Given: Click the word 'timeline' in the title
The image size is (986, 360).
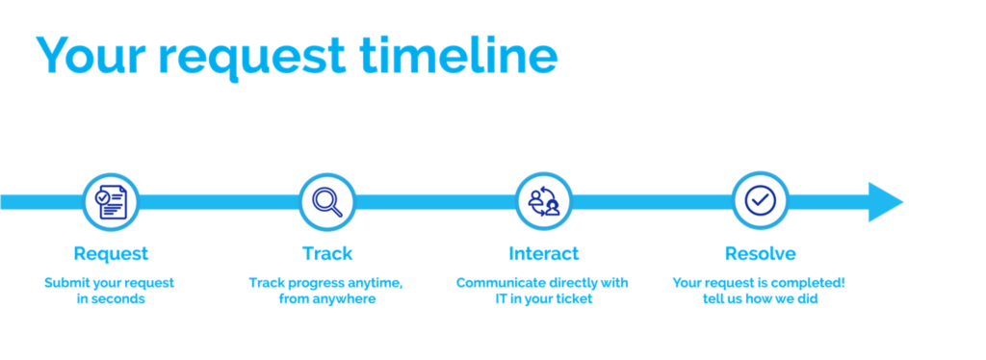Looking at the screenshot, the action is pyautogui.click(x=458, y=54).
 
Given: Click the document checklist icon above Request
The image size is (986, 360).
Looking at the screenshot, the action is pyautogui.click(x=111, y=202).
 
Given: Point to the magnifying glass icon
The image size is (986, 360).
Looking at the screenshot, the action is pyautogui.click(x=327, y=202).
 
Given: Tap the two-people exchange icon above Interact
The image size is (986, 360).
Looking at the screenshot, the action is pyautogui.click(x=544, y=202).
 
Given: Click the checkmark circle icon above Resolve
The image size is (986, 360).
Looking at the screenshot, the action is pyautogui.click(x=761, y=201).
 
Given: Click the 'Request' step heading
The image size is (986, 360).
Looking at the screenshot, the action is pyautogui.click(x=111, y=254).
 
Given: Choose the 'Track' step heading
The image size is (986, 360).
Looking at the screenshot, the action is pyautogui.click(x=327, y=254).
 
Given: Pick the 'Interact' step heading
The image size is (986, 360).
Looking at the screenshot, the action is pyautogui.click(x=544, y=254).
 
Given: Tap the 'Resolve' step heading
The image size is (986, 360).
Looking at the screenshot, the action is pyautogui.click(x=761, y=254).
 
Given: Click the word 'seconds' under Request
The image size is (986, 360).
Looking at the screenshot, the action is pyautogui.click(x=118, y=299).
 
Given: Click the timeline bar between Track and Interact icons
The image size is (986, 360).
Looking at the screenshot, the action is pyautogui.click(x=435, y=202).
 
